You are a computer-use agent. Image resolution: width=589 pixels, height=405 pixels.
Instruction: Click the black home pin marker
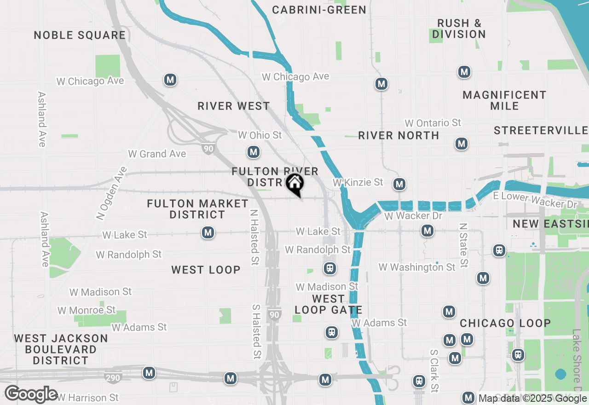[x=294, y=184]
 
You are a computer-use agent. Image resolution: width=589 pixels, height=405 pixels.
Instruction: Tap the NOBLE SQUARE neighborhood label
[x=80, y=35]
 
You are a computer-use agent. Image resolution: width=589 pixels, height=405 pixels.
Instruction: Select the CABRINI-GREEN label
[x=319, y=10]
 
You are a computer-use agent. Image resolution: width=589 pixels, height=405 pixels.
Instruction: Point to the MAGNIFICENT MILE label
[x=504, y=100]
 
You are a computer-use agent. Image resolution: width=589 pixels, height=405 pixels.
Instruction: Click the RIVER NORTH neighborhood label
[x=398, y=135]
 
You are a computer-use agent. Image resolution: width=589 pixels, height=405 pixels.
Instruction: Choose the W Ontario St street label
[x=433, y=123]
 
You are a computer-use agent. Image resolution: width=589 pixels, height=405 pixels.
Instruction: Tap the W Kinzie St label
[x=358, y=182]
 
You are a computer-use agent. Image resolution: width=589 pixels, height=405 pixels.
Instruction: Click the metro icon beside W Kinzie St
[x=399, y=185]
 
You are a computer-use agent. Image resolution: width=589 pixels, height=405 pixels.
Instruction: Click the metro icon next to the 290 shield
[x=149, y=373]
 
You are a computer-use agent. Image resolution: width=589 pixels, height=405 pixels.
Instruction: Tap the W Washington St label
[x=417, y=267]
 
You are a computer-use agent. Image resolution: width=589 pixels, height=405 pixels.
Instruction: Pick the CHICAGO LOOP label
[x=505, y=323]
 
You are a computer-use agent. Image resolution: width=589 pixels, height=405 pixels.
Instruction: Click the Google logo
[x=31, y=394]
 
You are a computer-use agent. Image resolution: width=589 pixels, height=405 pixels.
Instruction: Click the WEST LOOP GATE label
[x=328, y=304]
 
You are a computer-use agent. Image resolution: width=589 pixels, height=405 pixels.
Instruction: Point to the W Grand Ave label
[x=157, y=154]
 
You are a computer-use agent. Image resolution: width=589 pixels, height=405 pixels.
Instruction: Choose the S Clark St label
[x=433, y=371]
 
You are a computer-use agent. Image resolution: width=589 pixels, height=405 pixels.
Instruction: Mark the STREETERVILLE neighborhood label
[x=541, y=131]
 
